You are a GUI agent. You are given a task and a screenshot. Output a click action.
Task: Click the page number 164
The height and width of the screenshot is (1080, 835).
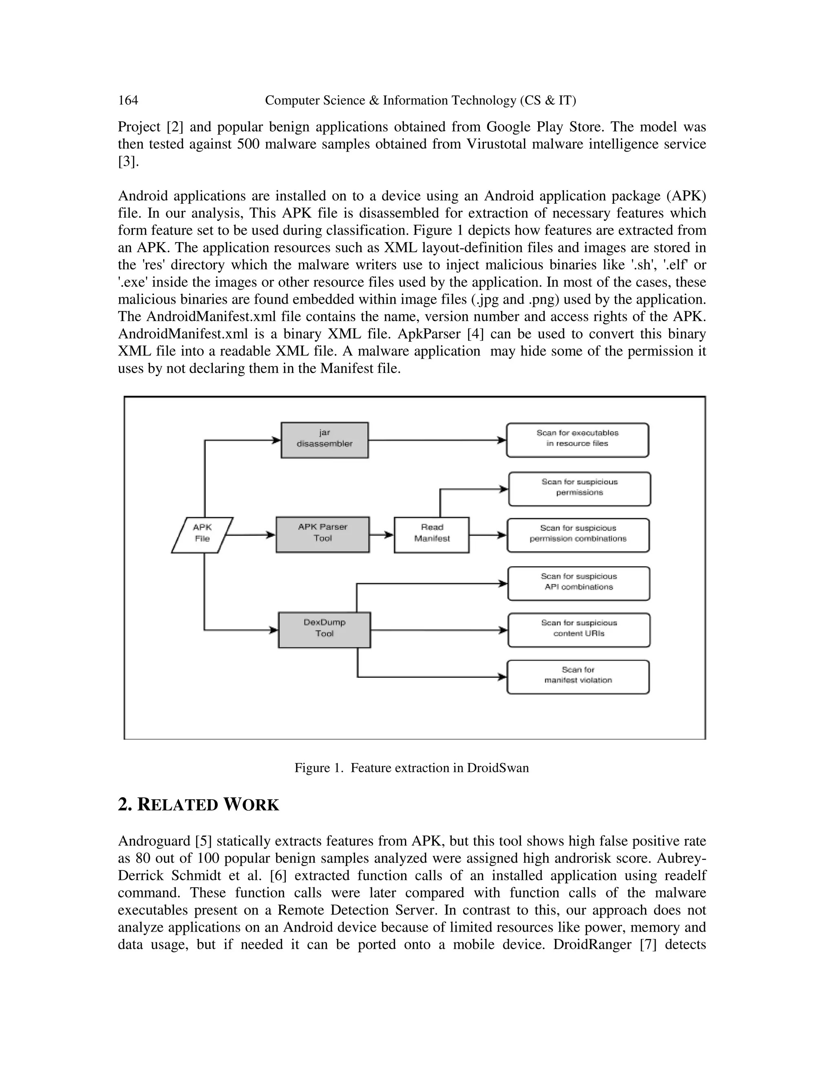pyautogui.click(x=128, y=100)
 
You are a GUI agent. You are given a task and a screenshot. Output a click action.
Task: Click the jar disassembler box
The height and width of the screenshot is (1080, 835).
pyautogui.click(x=325, y=440)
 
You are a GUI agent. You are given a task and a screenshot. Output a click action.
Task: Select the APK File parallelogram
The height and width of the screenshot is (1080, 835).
pyautogui.click(x=202, y=535)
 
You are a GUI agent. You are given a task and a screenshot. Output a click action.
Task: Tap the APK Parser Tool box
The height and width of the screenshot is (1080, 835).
pyautogui.click(x=323, y=535)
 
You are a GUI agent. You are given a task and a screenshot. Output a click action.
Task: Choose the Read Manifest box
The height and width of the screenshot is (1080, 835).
pyautogui.click(x=431, y=535)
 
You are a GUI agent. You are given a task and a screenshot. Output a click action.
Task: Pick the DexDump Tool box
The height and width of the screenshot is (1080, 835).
pyautogui.click(x=325, y=630)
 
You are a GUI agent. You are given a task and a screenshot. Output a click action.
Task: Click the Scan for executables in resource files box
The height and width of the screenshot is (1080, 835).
pyautogui.click(x=577, y=440)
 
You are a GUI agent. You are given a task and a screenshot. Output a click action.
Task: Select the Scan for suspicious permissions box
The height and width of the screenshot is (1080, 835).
pyautogui.click(x=579, y=489)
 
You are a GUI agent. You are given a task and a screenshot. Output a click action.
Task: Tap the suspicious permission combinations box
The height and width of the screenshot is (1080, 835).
pyautogui.click(x=578, y=535)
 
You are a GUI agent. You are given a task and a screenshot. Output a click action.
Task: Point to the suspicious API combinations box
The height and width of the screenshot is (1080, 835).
pyautogui.click(x=579, y=584)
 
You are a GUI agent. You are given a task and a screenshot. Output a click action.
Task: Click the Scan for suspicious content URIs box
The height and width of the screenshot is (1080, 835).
pyautogui.click(x=579, y=630)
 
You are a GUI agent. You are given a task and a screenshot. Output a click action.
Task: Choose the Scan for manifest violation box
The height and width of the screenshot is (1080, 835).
pyautogui.click(x=578, y=677)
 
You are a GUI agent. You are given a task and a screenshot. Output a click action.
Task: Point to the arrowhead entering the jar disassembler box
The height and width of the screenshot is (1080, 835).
pyautogui.click(x=276, y=440)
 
